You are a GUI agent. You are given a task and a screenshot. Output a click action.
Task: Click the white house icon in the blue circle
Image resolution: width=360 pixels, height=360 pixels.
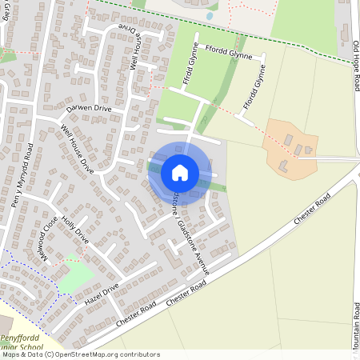tap(180, 173)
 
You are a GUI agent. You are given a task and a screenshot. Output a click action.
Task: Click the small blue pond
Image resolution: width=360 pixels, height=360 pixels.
tap(209, 15)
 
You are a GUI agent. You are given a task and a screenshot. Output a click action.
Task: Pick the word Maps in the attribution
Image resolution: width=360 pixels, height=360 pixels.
tap(10, 354)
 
